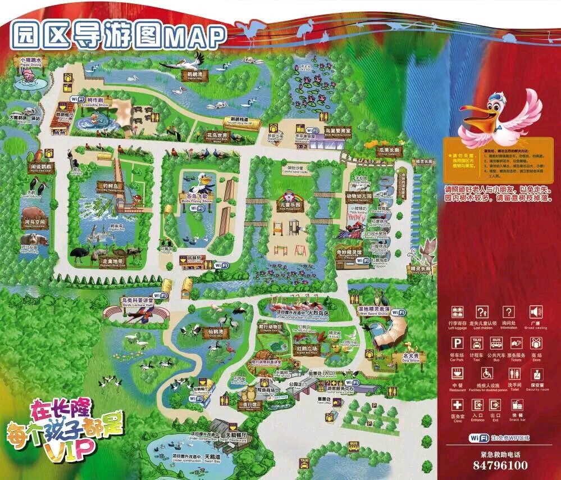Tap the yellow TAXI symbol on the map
[x=304, y=462]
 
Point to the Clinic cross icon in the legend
[x=458, y=405]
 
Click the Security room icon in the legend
[x=536, y=373]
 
